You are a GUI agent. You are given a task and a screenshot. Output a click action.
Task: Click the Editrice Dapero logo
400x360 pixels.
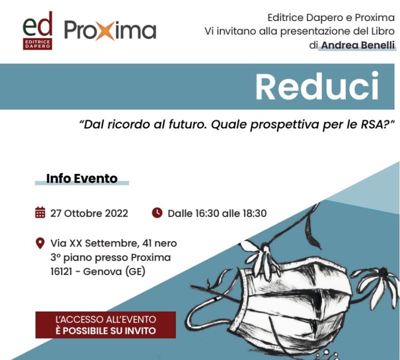pyautogui.click(x=37, y=30)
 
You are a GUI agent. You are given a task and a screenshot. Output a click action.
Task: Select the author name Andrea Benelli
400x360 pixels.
pyautogui.click(x=357, y=45)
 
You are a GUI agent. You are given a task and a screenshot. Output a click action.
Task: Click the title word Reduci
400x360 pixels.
pyautogui.click(x=317, y=86)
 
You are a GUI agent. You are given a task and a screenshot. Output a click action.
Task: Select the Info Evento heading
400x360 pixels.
pyautogui.click(x=81, y=178)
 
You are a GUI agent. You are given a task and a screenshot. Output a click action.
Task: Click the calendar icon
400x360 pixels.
pyautogui.click(x=40, y=212)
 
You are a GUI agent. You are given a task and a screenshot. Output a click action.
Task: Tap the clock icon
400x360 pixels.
pyautogui.click(x=157, y=213)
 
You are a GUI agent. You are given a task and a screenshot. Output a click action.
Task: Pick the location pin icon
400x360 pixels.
pyautogui.click(x=40, y=243)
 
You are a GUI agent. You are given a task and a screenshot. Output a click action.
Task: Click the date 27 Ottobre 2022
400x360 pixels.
pyautogui.click(x=89, y=213)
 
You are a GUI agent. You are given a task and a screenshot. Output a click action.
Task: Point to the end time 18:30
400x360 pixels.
pyautogui.click(x=254, y=213)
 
